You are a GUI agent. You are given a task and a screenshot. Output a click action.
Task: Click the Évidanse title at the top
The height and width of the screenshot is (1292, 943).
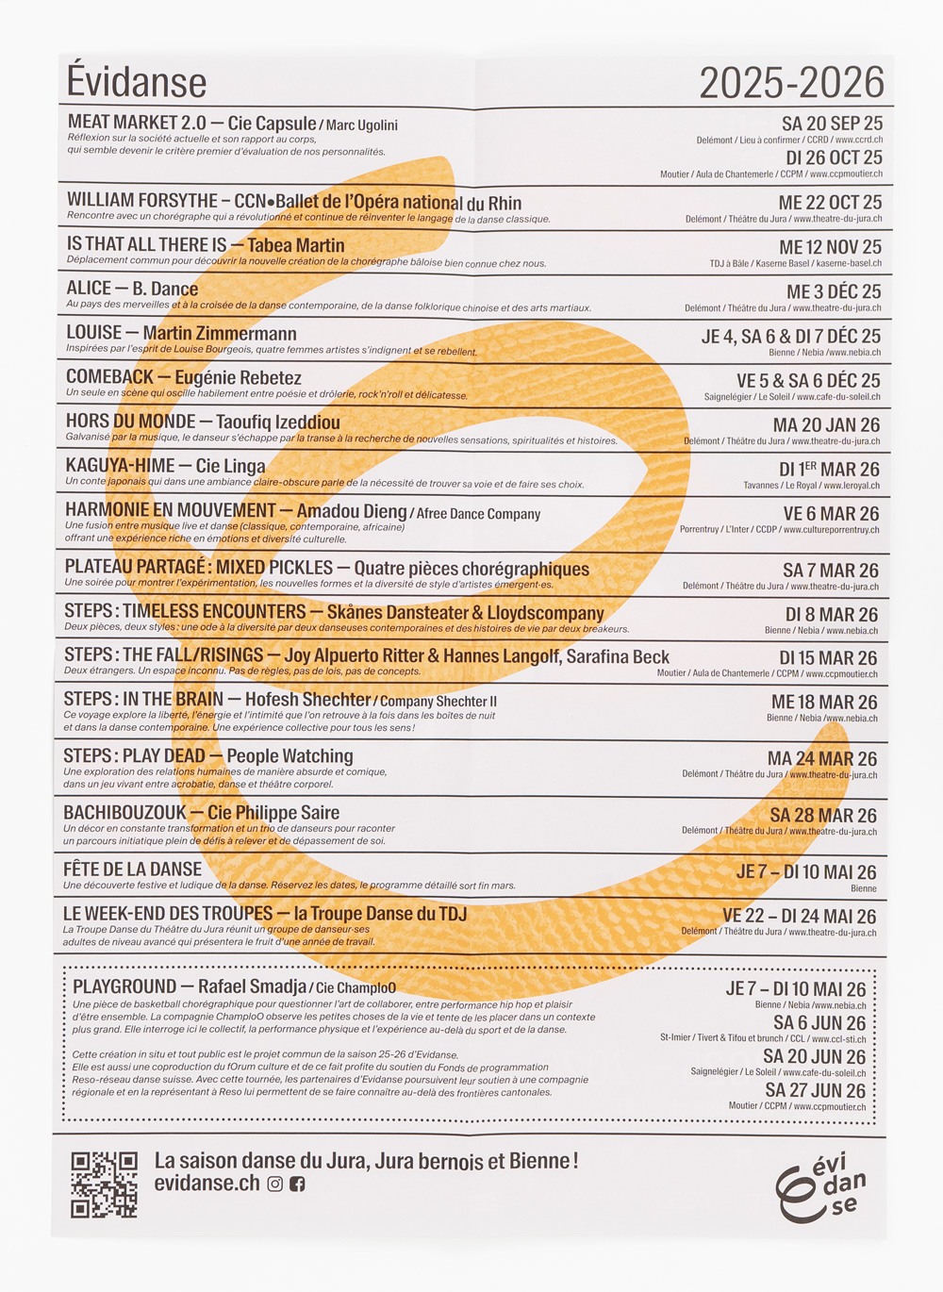point(137,82)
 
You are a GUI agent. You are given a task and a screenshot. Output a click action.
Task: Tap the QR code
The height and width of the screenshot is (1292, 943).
point(104,1184)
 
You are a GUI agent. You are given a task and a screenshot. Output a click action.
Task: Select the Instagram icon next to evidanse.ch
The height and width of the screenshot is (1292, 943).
point(275,1184)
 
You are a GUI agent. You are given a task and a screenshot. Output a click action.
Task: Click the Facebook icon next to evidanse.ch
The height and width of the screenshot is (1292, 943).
point(297,1184)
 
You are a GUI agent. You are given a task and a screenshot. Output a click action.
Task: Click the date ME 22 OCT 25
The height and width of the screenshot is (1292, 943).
point(830,203)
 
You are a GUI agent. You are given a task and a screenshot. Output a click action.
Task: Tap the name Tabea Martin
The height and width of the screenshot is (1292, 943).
point(295,246)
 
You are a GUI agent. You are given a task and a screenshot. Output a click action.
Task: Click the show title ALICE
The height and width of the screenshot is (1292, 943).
point(89,289)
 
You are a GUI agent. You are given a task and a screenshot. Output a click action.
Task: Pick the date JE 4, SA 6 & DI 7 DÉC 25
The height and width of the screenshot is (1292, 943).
point(790,337)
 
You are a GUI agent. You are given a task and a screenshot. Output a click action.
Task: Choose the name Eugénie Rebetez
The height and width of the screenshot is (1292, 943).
point(238,378)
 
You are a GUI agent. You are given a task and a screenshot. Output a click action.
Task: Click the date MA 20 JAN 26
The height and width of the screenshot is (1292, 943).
point(826,425)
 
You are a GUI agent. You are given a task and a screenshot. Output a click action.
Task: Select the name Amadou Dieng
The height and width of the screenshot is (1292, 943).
point(351,511)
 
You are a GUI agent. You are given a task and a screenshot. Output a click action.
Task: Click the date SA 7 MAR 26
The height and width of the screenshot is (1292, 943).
point(830,571)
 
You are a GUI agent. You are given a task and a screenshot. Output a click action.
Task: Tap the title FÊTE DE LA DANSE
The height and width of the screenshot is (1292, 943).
point(132,870)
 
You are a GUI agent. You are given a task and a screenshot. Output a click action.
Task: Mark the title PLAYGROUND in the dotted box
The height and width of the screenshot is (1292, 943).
point(124,986)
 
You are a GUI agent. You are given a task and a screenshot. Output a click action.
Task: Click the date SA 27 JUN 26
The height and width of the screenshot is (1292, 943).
point(815,1091)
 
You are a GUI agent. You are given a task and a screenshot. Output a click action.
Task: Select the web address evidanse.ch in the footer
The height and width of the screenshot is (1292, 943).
point(207,1184)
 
